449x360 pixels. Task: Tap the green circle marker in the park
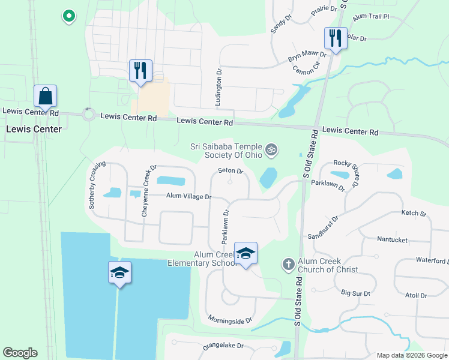click(x=69, y=16)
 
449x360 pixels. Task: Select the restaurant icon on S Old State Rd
click(x=335, y=39)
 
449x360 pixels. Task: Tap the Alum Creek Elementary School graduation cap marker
click(x=246, y=254)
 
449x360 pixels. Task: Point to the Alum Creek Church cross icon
click(x=288, y=264)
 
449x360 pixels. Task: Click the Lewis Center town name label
click(x=34, y=129)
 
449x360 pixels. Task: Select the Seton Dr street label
click(x=230, y=171)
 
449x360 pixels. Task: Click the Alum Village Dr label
click(x=189, y=196)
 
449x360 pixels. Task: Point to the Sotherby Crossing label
click(x=97, y=184)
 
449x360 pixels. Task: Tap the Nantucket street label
click(x=393, y=239)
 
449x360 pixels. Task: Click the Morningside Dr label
click(x=230, y=320)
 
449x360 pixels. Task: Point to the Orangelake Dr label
click(x=223, y=346)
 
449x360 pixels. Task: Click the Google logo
click(x=20, y=353)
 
